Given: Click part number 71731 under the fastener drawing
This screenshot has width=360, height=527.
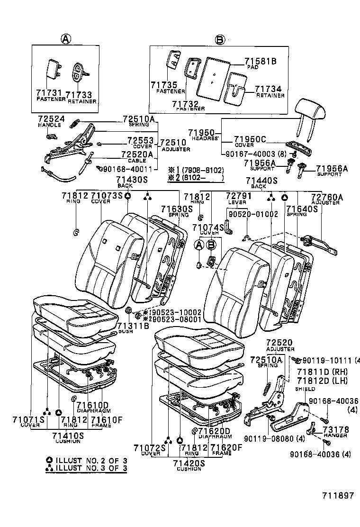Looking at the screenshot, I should point(45,94).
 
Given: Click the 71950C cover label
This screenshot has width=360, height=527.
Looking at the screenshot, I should point(250,139).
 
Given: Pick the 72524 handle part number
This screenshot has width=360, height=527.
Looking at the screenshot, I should point(48,119).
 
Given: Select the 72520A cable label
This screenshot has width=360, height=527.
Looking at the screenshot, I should point(137,154).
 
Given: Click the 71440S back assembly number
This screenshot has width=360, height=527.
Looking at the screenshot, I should point(258,180).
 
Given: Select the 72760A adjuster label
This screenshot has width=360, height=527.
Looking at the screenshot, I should point(326,197).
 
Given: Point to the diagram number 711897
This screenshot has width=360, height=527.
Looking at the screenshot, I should point(338,495).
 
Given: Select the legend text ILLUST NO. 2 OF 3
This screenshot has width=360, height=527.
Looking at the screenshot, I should point(90,460).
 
